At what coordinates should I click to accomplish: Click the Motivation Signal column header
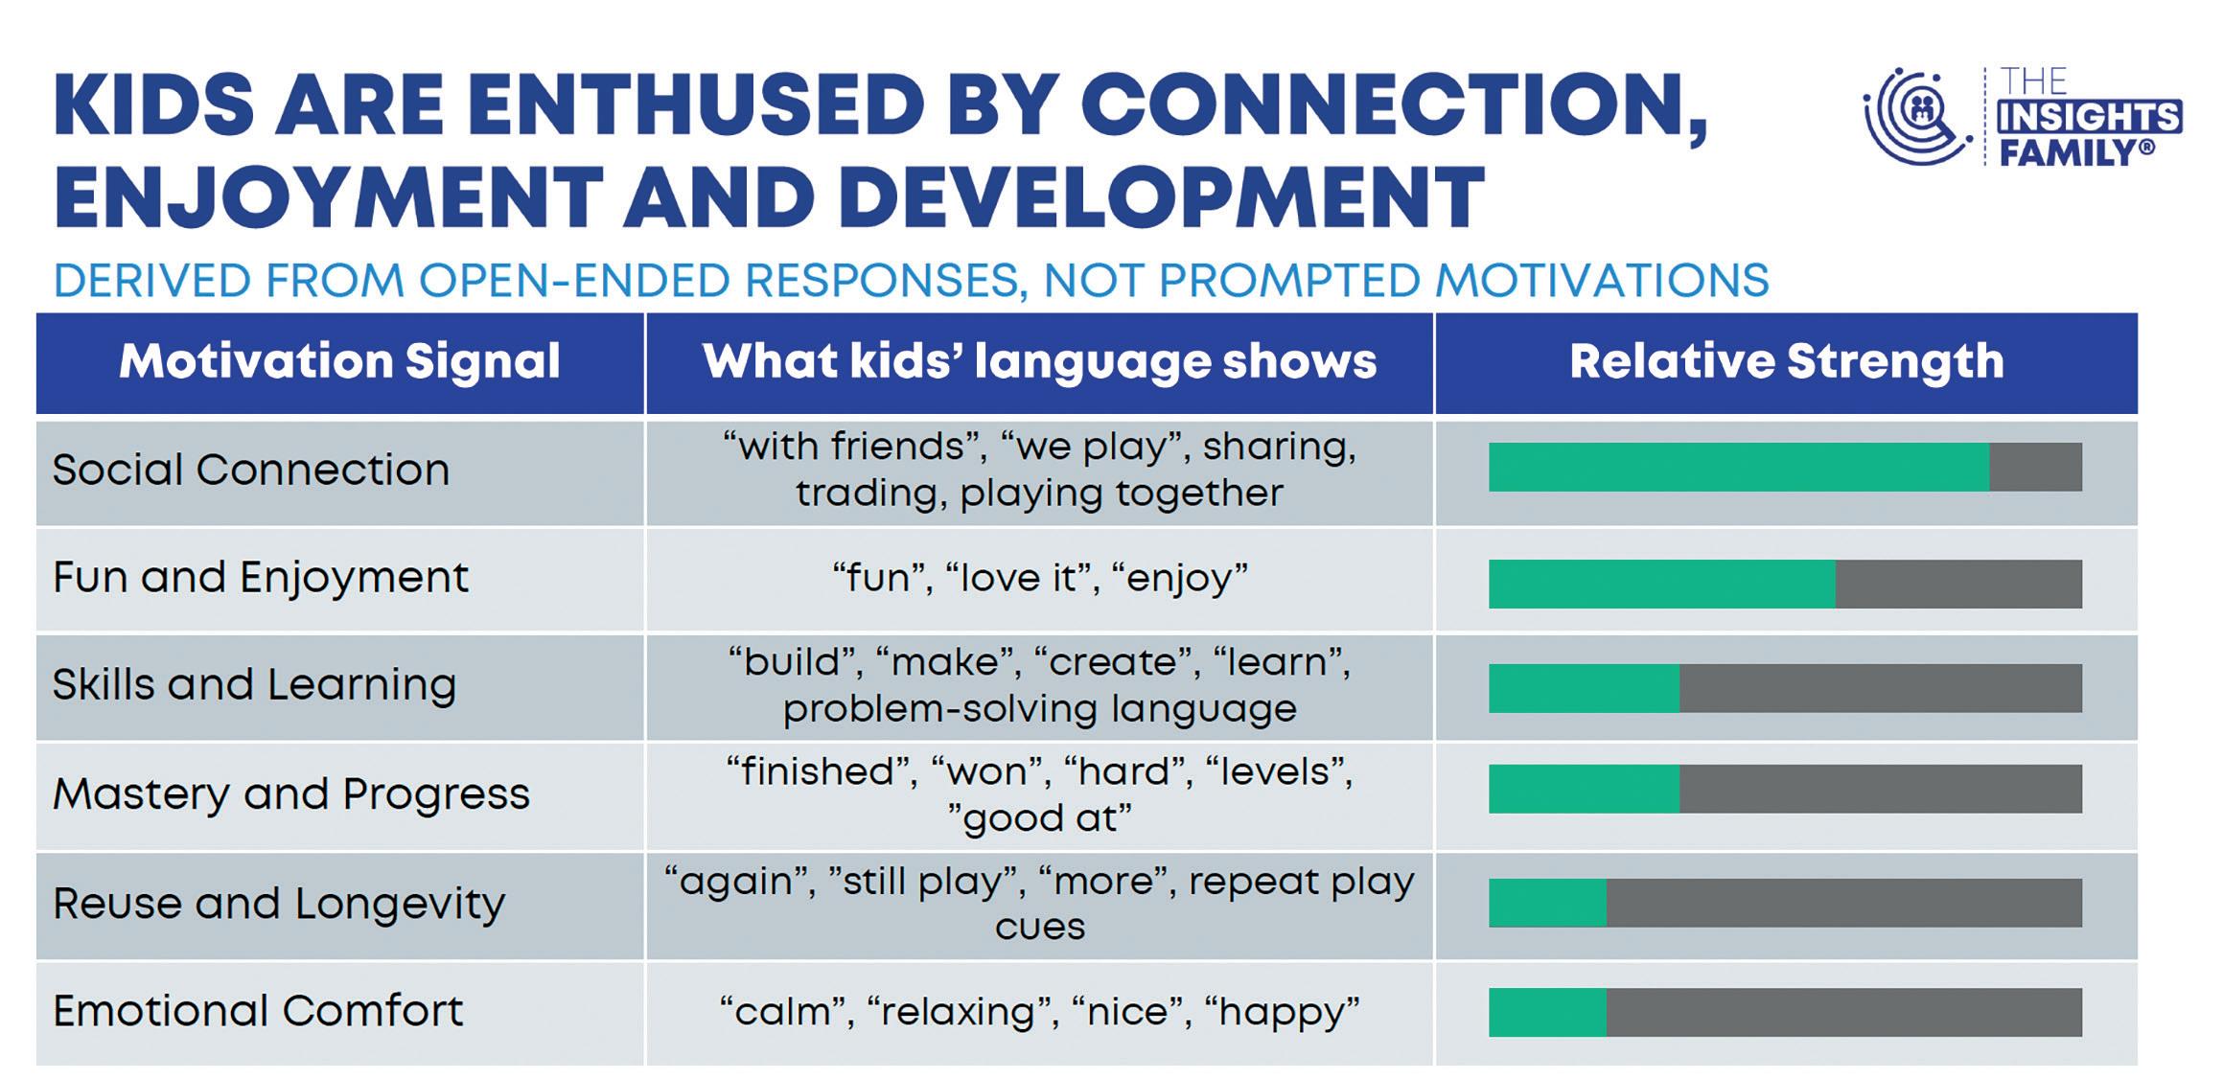coord(339,361)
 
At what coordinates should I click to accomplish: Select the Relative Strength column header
coord(1786,361)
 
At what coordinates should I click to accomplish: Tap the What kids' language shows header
coord(1039,362)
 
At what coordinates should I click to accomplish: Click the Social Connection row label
coord(250,470)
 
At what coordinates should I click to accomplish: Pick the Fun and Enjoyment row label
coord(261,578)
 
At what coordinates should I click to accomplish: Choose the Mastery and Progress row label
coord(291,793)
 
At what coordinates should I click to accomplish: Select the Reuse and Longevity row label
coord(279,904)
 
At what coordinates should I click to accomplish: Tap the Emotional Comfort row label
coord(258,1011)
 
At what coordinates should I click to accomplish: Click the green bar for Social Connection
coord(1739,467)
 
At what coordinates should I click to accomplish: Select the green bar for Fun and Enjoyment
coord(1662,584)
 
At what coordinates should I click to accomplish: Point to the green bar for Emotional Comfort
coord(1547,1013)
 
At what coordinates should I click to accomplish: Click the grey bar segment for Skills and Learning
coord(1881,688)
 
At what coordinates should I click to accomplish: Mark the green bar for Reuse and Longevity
coord(1547,903)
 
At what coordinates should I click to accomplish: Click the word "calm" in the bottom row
coord(783,1012)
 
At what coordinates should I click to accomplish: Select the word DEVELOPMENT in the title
coord(1161,196)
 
